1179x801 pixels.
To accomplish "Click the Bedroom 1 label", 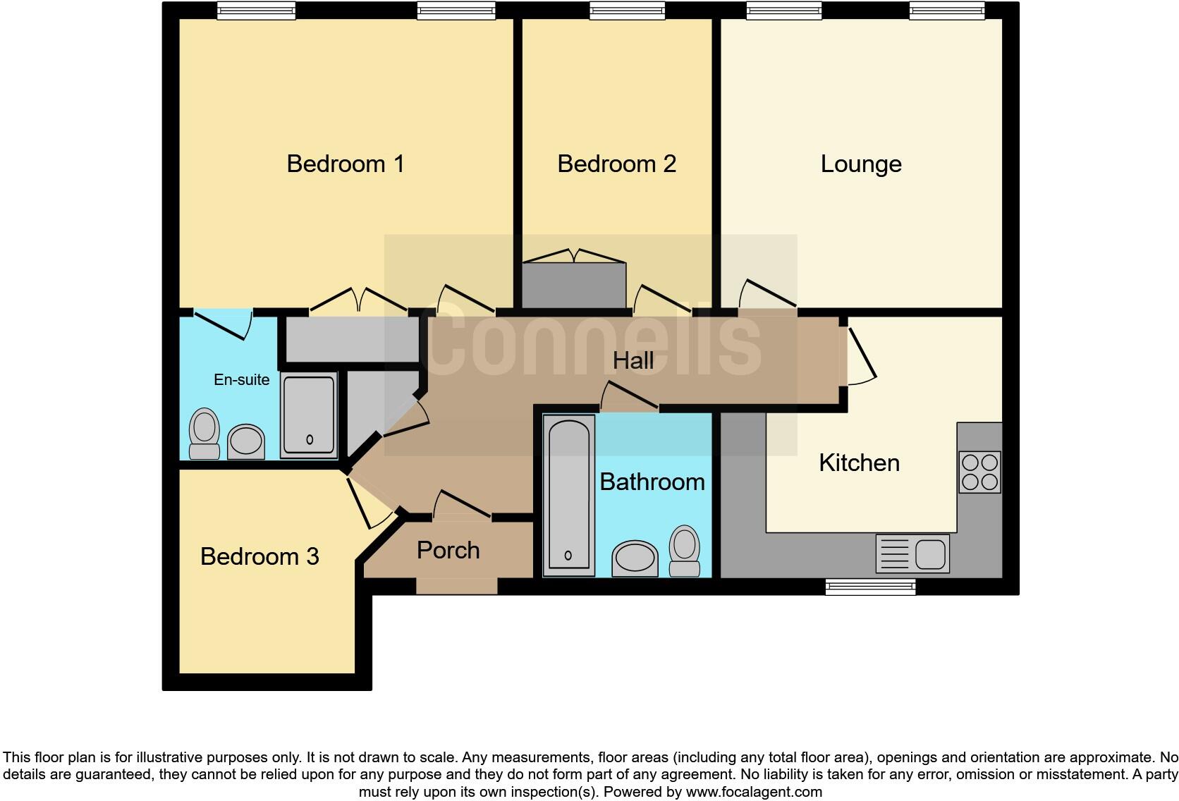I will coord(345,164).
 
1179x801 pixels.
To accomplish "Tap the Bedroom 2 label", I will coord(616,164).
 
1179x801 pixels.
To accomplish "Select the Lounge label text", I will coord(861,164).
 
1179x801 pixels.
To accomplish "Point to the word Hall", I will coord(633,361).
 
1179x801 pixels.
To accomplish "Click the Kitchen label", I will coord(859,463).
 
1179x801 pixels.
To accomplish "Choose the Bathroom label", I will coord(652,482).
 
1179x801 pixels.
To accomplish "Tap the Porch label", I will coord(448,551).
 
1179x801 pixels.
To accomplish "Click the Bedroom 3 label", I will coord(259,557).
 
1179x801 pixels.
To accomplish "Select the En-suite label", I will coord(241,380).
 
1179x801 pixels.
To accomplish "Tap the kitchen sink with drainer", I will coord(912,554).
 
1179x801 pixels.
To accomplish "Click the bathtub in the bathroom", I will coord(568,494).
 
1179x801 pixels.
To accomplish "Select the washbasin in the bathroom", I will coord(635,558).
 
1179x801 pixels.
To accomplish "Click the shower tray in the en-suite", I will coord(309,415).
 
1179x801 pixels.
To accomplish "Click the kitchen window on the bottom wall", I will coord(870,587).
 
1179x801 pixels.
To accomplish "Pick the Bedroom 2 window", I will coord(627,10).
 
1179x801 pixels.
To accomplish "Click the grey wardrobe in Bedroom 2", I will coord(574,286).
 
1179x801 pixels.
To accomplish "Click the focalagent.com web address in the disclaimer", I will coord(754,792).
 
